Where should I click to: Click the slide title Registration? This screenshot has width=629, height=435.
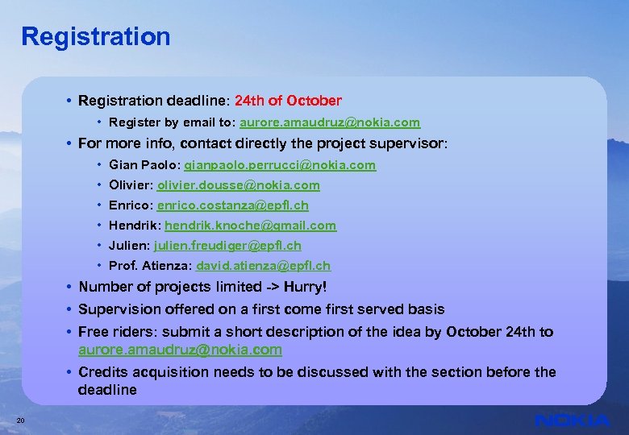pos(96,36)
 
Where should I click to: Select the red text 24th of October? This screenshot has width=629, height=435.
pos(288,101)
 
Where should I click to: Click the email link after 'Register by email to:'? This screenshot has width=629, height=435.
pos(330,122)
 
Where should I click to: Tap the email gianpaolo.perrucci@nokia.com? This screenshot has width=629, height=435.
pos(280,165)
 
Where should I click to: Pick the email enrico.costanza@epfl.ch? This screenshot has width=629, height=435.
pos(232,205)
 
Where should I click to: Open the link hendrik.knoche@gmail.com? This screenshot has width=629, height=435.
pos(250,226)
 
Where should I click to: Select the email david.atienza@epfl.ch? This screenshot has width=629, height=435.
pos(263,266)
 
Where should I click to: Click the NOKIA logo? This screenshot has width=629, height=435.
pos(572,420)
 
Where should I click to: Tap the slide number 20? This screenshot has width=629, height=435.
pos(21,420)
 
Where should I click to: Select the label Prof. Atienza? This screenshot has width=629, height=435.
pos(148,266)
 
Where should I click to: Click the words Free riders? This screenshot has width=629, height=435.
pos(116,332)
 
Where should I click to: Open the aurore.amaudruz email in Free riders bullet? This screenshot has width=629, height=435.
pos(180,350)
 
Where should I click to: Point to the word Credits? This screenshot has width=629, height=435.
pos(103,372)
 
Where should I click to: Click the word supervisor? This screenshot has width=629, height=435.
pos(411,144)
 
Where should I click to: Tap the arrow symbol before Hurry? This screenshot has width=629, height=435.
pos(261,287)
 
